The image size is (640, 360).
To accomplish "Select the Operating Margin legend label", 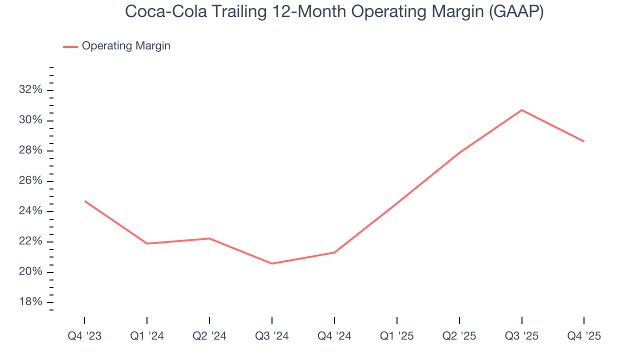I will [126, 46].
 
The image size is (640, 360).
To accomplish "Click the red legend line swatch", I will [70, 46].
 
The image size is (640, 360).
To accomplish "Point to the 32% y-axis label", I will [30, 90].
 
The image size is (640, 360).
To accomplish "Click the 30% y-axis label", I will [30, 120].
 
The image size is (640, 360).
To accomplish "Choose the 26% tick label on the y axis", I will [30, 181].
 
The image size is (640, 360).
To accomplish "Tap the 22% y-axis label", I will [30, 241].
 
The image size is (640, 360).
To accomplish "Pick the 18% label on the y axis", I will [30, 302].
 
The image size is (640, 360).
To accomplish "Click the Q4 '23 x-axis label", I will [84, 336].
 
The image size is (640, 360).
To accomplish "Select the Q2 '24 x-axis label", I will [209, 336].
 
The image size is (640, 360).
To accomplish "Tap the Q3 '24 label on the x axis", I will [271, 336].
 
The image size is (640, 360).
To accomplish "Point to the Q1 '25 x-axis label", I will [396, 336].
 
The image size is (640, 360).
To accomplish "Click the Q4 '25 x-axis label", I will [584, 336].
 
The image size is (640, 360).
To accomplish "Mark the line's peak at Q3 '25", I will [521, 110].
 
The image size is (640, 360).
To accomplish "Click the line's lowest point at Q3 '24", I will [271, 263].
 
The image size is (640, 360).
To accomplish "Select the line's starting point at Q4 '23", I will [84, 201].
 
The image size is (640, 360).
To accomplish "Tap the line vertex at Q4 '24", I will [334, 252].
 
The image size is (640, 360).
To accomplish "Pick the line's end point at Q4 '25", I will [584, 141].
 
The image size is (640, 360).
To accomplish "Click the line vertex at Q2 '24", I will [209, 238].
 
